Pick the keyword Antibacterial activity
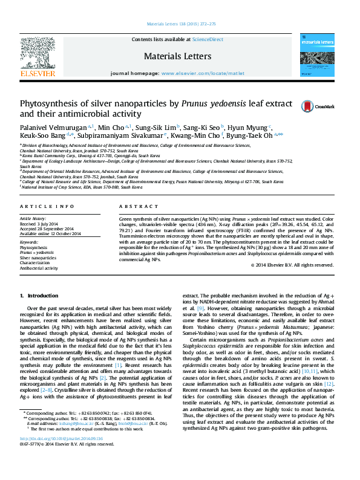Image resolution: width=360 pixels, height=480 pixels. [39, 268]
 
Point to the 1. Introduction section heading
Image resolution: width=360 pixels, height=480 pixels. [39, 296]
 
